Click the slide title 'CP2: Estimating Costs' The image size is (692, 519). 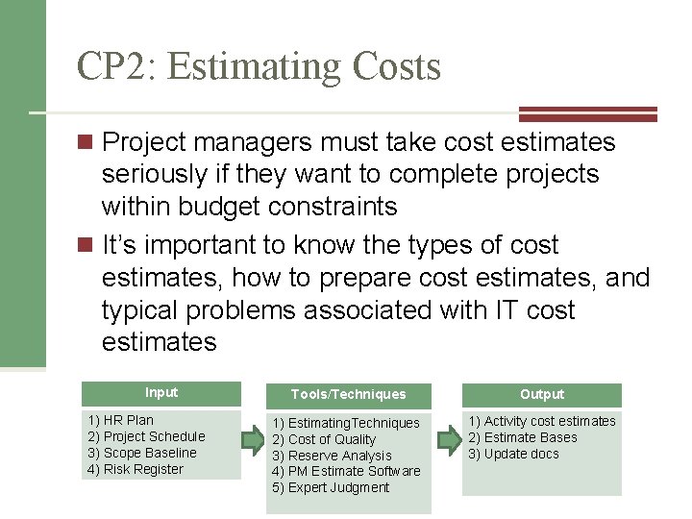coord(259,66)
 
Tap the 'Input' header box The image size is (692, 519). coord(161,392)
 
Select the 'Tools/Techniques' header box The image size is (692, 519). coord(348,394)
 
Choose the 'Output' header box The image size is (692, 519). coord(542,394)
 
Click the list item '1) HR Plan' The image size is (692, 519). coord(120,420)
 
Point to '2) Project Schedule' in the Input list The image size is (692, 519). coord(146,436)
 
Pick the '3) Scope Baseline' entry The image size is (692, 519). coord(141,453)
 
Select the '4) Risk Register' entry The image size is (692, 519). coord(135,469)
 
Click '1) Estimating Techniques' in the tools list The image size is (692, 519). coord(346,423)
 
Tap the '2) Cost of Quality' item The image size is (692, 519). coord(324,439)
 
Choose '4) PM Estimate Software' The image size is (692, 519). coord(346,471)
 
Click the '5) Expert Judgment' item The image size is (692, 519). coord(331,487)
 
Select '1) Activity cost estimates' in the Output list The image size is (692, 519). coord(542,421)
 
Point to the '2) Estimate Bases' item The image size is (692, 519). coord(523,437)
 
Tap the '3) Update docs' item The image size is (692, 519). coord(513,454)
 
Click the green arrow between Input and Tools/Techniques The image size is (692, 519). coord(252,441)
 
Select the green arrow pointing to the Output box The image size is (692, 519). coord(449,441)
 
